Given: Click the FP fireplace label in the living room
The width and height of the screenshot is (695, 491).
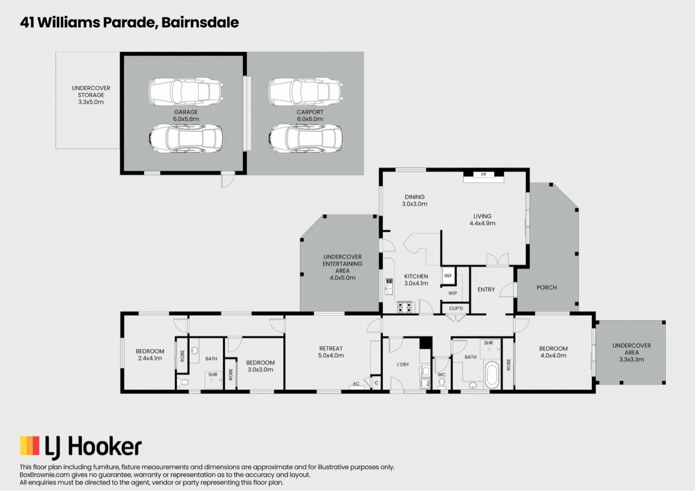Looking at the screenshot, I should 483,175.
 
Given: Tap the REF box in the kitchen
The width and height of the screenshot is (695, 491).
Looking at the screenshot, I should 448,276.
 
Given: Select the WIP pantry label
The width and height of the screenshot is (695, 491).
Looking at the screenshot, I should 453,293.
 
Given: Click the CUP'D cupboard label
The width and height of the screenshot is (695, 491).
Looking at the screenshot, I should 456,308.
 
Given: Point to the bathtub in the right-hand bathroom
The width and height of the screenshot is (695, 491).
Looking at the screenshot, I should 492,375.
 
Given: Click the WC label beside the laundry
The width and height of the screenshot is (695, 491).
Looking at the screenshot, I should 441,375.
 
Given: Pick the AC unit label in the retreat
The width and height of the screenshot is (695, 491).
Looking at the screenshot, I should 356,384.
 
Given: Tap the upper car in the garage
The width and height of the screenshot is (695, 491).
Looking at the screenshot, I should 186,92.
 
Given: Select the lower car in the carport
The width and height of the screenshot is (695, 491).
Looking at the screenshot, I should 306,138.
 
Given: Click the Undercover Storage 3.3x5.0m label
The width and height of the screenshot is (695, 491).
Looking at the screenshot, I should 91,95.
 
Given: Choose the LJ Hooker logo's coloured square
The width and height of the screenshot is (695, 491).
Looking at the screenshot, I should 30,445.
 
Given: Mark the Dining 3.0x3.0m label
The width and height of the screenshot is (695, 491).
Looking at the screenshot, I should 415,200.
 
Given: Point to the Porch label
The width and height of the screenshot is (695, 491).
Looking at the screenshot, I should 546,288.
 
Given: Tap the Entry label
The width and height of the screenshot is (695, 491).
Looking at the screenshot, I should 486,290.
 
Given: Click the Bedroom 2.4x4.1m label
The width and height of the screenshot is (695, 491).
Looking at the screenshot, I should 150,355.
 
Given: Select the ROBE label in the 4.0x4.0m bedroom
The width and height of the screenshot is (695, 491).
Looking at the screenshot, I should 508,365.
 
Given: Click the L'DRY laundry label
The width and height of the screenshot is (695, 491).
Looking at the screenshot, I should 403,364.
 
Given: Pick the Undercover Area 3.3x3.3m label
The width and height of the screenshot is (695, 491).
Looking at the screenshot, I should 632,352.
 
